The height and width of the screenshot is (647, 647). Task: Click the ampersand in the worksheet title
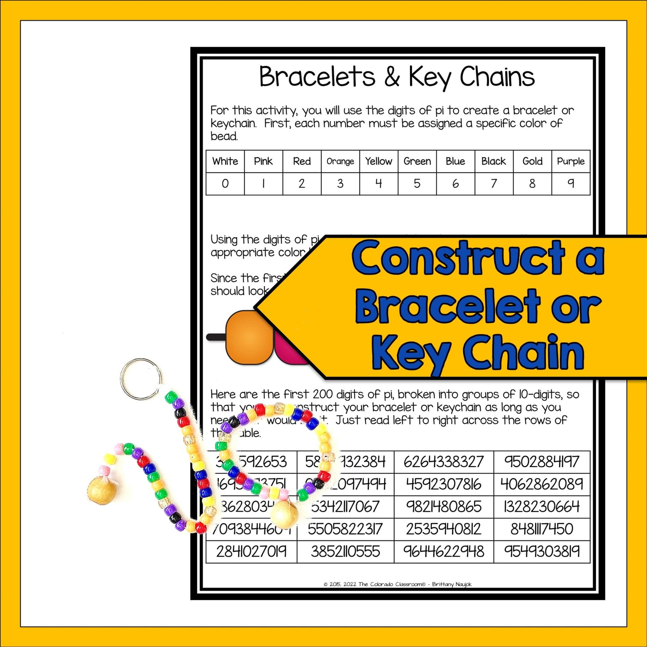coord(392,77)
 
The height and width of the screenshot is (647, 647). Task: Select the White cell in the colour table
coord(225,161)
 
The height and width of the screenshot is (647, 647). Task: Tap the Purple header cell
coord(570,161)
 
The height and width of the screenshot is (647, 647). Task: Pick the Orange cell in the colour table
coord(340,161)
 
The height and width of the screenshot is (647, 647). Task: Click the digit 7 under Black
coord(494,184)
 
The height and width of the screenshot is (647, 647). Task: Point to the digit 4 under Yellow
coord(378,184)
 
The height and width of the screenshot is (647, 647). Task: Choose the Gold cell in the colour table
coord(532,161)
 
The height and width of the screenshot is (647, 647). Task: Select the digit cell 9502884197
coord(541,462)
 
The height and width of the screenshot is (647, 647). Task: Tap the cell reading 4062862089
coord(541,484)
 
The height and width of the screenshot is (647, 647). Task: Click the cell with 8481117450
coord(541,529)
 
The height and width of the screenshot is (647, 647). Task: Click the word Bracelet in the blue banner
coord(447,307)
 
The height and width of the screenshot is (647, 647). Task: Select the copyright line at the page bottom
coord(397,584)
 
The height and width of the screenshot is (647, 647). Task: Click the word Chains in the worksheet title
coord(497,77)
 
